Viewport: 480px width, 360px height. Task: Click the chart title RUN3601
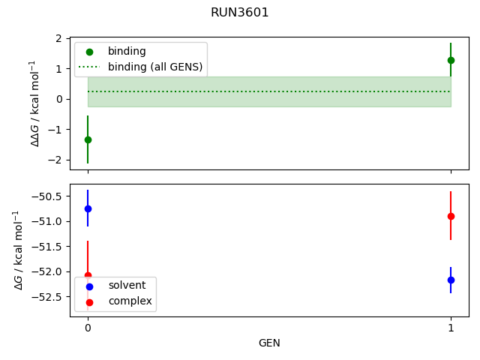tap(240, 13)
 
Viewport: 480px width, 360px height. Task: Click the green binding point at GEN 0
tap(88, 139)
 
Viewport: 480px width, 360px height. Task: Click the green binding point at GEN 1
tap(451, 60)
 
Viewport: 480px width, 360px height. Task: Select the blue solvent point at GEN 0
tap(88, 208)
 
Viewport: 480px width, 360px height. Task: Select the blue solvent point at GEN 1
tap(451, 280)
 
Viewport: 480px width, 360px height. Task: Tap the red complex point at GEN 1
tap(451, 216)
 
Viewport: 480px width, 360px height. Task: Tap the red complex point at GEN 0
tap(88, 275)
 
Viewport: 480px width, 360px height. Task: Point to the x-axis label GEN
tap(269, 343)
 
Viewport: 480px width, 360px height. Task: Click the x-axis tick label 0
tap(88, 328)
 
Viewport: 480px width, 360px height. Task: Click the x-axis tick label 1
tap(451, 328)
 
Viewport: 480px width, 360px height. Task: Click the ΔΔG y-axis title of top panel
tap(34, 103)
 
